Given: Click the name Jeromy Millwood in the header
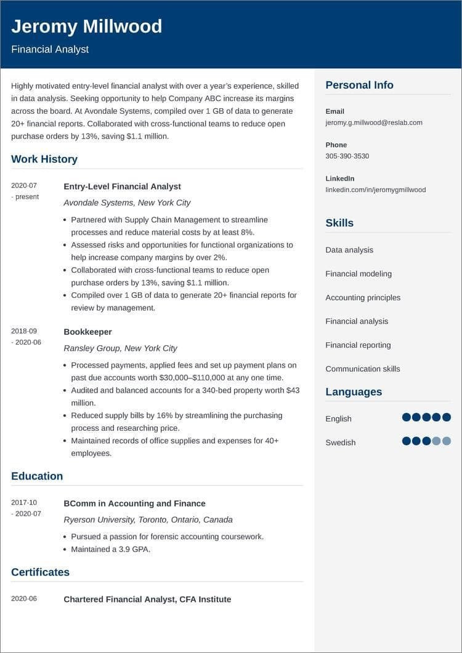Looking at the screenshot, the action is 86,26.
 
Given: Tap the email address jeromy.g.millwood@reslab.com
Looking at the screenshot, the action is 373,122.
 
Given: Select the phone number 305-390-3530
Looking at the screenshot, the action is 347,156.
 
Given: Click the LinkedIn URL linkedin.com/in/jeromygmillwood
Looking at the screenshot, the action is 375,190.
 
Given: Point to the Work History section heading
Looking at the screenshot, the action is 44,159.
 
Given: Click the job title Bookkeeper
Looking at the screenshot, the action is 87,332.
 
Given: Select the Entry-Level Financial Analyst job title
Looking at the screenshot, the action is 122,186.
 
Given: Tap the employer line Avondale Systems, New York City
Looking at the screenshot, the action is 127,202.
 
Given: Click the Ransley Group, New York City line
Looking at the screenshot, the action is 120,348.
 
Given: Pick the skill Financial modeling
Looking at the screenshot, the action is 359,274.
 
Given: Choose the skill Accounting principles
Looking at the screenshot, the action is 363,298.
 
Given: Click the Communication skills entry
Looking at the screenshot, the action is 362,369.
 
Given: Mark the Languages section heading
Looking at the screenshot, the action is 354,392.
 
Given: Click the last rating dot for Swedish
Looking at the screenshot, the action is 447,441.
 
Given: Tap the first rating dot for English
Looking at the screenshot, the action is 406,417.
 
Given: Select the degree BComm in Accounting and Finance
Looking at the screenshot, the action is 134,503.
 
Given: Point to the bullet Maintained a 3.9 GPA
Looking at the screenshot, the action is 110,549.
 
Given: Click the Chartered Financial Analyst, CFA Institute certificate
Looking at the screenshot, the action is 147,599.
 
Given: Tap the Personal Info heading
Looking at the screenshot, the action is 359,86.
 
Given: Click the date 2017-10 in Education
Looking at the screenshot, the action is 24,503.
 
